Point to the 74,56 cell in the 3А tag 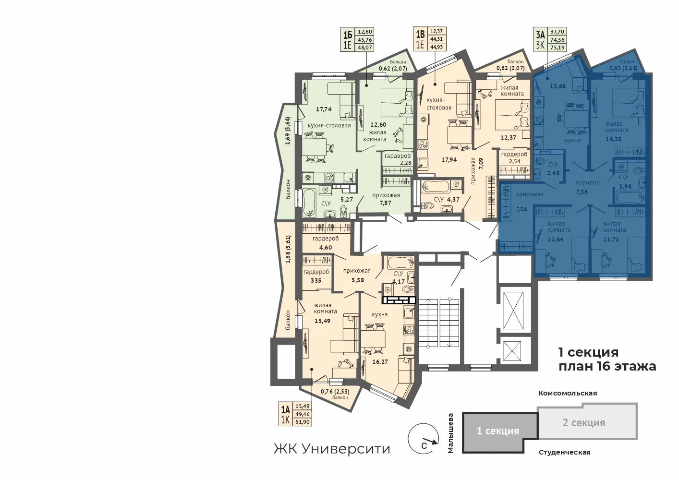557,39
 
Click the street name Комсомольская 568,393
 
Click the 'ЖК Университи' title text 332,449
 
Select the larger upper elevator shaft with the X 513,310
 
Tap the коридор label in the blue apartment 588,182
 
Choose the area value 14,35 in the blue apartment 613,139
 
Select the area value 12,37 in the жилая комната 508,138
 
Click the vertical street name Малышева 451,433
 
